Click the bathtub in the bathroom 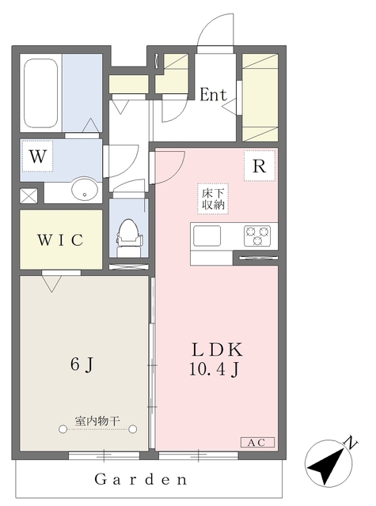point(41,93)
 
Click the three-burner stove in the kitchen point(257,236)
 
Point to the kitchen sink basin point(207,236)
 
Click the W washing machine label point(38,157)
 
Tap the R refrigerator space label point(260,166)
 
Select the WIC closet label point(60,240)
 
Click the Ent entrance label point(213,95)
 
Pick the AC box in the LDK point(257,443)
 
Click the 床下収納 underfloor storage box point(213,198)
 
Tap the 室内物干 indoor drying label point(97,421)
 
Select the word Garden point(141,479)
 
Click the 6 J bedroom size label point(82,364)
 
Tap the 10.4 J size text point(214,369)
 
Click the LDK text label point(217,349)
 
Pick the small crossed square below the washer point(28,195)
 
